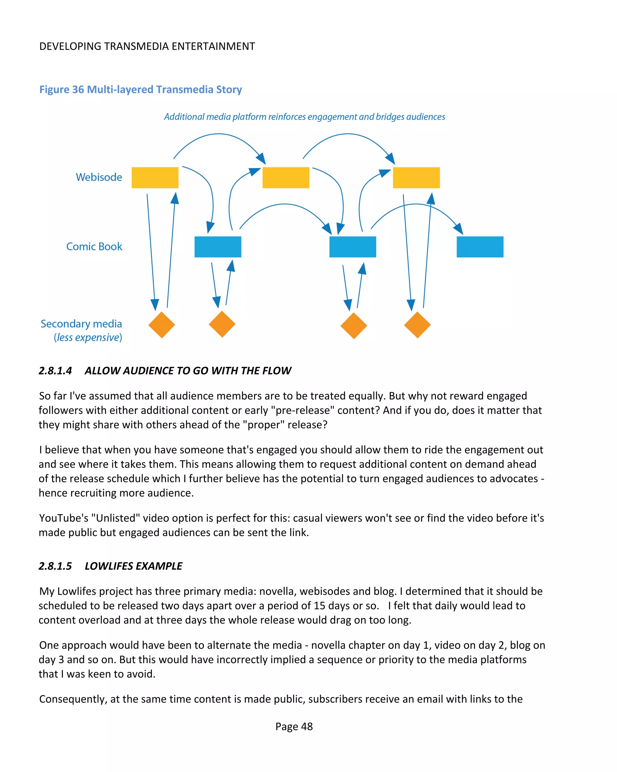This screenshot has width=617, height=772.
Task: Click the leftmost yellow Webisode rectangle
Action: [x=155, y=178]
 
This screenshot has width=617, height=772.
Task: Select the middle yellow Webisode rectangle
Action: [x=286, y=178]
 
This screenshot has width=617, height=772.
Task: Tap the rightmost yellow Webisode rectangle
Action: [x=416, y=178]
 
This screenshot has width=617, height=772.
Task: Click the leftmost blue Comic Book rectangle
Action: [x=218, y=247]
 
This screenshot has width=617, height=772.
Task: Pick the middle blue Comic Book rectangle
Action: [x=352, y=247]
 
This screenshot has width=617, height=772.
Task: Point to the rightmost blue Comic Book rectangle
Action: [x=480, y=247]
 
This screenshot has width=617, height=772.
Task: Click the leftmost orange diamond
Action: [x=161, y=325]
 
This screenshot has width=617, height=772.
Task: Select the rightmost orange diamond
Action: [x=417, y=325]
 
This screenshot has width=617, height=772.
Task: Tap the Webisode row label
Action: [x=99, y=177]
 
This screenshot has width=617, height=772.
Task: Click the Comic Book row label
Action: [x=94, y=247]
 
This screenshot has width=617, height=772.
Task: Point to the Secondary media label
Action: [x=81, y=324]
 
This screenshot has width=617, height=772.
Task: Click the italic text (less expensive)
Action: [x=88, y=337]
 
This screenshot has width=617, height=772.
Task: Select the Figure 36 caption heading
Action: [x=140, y=90]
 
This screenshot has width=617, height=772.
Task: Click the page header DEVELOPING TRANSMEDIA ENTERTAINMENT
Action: [x=147, y=46]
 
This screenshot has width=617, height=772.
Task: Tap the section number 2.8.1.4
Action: [x=55, y=370]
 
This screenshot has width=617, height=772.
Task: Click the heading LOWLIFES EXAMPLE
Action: [x=133, y=566]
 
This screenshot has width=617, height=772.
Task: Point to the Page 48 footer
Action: [x=294, y=726]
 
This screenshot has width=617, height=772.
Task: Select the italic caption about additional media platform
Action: [x=304, y=117]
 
